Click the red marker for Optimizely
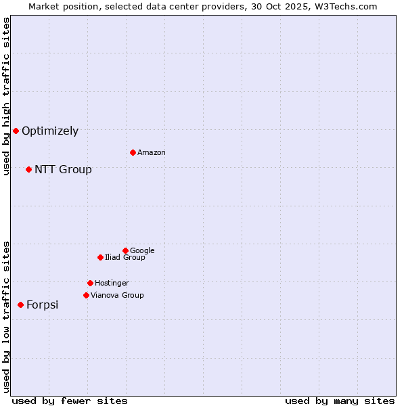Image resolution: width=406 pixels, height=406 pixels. tap(16, 131)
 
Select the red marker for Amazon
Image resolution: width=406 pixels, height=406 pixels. tap(133, 152)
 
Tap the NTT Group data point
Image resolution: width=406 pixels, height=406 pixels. tap(28, 169)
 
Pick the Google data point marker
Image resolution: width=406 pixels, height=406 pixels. tap(125, 250)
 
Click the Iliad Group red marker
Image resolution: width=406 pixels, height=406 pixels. tap(100, 257)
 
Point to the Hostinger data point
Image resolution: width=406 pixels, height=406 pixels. tap(90, 283)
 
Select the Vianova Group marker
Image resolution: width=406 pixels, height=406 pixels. tap(86, 295)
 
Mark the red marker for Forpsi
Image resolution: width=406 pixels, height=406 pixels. tap(20, 304)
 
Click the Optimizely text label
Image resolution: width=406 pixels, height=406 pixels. tap(50, 131)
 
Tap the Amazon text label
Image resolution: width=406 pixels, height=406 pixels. tap(152, 153)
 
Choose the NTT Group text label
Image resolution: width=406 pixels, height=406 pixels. tap(63, 170)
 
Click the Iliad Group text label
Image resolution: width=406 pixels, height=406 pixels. tap(125, 258)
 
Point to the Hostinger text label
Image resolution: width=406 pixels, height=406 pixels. tap(112, 284)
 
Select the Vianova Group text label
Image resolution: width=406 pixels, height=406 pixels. tap(117, 296)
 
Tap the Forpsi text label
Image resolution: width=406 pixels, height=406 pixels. tap(42, 305)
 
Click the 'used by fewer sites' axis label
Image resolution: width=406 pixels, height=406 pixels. tap(70, 401)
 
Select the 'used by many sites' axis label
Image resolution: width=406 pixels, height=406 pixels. tap(340, 401)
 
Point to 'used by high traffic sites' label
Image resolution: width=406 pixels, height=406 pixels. tap(6, 96)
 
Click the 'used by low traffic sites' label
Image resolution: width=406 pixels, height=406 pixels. tap(6, 316)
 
